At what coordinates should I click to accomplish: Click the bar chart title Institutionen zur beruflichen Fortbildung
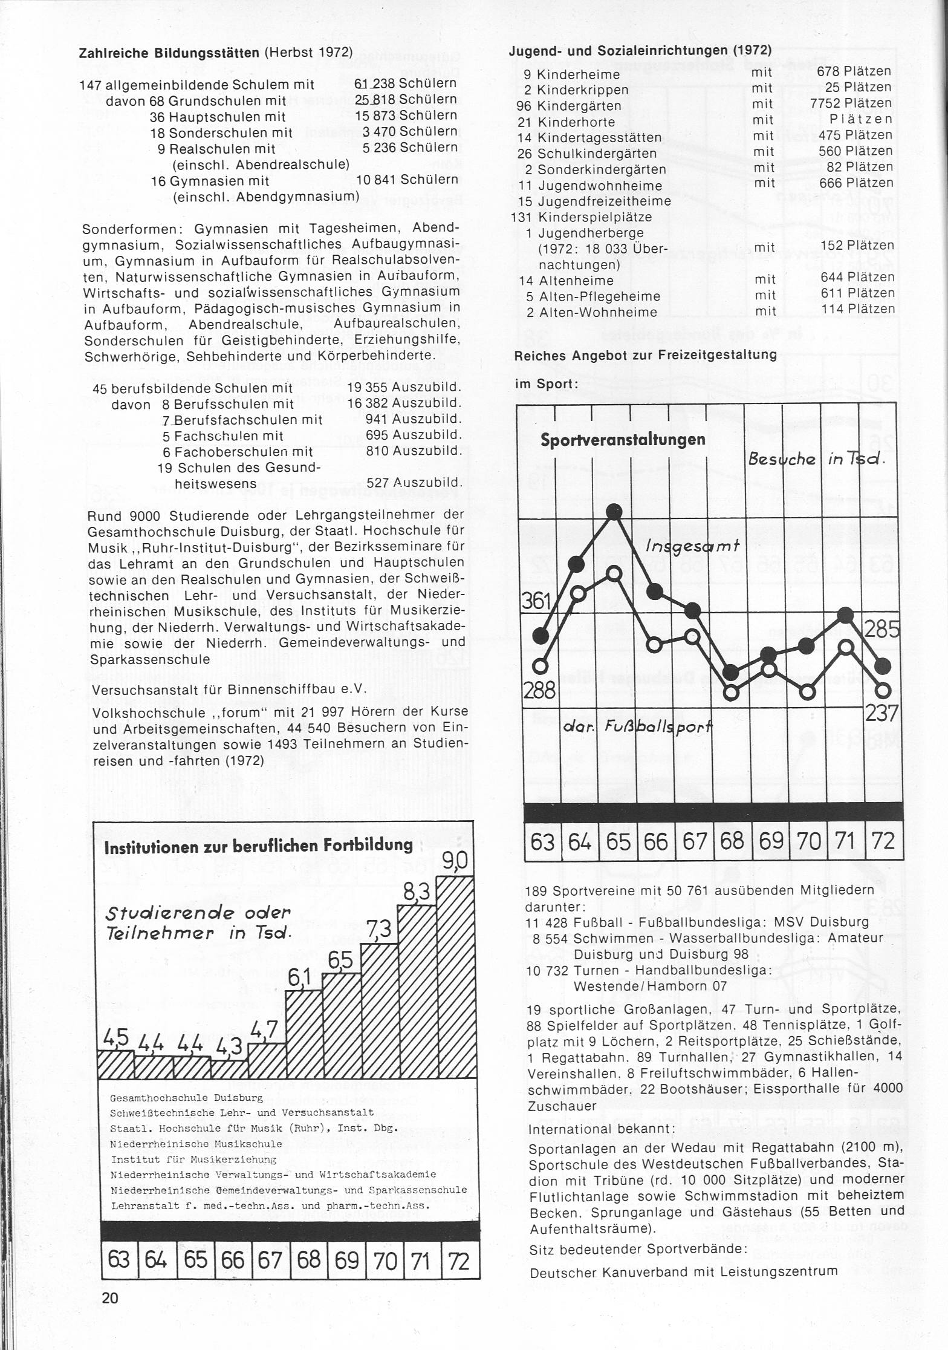click(x=258, y=846)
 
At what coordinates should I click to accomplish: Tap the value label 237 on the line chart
click(x=882, y=714)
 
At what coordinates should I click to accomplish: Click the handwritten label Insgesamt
click(x=693, y=546)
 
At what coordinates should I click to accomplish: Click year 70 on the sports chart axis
click(x=809, y=841)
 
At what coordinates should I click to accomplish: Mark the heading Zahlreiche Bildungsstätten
click(x=171, y=53)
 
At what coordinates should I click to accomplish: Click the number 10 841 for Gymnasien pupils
click(x=376, y=180)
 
